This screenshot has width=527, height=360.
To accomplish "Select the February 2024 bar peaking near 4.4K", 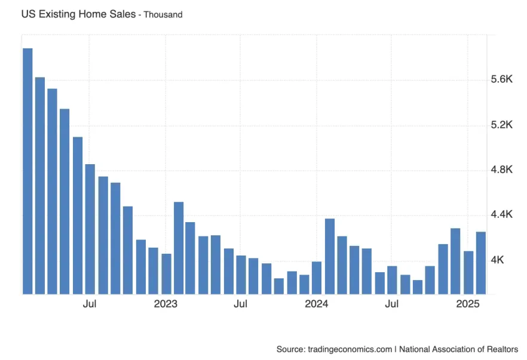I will coord(330,256).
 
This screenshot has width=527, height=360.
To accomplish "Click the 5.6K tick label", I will coord(502,80).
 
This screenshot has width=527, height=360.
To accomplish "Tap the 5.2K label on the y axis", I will coord(502,125).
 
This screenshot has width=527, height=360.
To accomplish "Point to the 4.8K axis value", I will coord(502,170).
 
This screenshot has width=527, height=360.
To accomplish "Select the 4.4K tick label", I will coord(502,215).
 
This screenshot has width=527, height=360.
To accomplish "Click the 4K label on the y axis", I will coord(498,260).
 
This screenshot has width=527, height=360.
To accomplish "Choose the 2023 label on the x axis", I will coord(166,304).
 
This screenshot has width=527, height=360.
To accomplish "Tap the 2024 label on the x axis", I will coord(317,304).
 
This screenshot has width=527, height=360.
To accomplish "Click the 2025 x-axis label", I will coord(468,304).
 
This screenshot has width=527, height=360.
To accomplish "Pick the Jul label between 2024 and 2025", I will coord(392,304).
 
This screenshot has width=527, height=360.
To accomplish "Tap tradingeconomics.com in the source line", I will coord(350,349).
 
